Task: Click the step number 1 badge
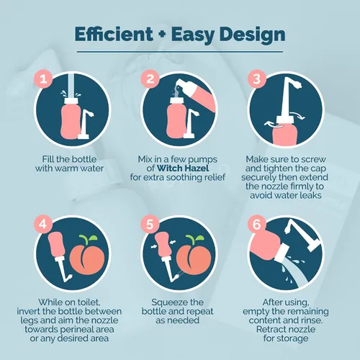43,78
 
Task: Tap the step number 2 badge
150,78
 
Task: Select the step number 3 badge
257,78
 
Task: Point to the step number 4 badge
43,224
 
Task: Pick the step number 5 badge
150,224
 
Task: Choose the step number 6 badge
257,224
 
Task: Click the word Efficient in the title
114,34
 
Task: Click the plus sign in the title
162,34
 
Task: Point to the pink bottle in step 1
71,119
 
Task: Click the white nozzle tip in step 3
297,84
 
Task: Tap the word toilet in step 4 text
88,302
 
